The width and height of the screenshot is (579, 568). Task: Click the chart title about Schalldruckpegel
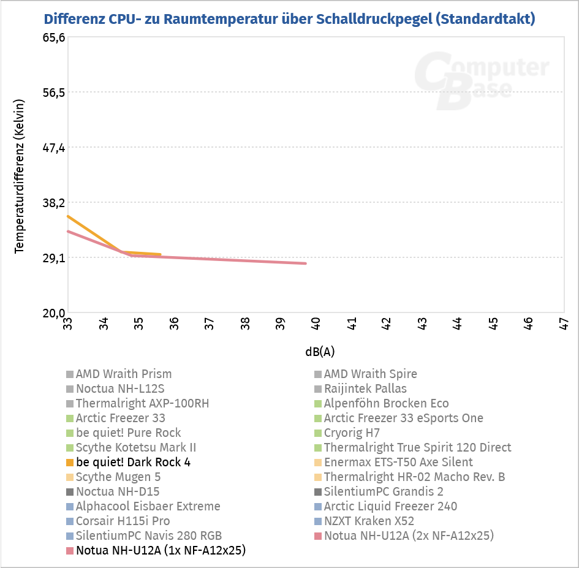tap(289, 18)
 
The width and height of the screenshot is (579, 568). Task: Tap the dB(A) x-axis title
tap(320, 352)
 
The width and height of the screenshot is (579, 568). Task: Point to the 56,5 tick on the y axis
tap(53, 93)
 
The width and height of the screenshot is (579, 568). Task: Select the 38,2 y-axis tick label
tap(53, 203)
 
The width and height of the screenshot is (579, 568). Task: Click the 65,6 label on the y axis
tap(53, 37)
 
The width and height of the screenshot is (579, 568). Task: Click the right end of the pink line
tap(306, 263)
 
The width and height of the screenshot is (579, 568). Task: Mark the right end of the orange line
tap(161, 254)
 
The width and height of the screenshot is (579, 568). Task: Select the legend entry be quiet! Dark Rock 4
tap(133, 462)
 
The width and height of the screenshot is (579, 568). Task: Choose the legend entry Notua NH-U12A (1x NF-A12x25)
tap(161, 550)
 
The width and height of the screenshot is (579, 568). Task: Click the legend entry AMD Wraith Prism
tap(123, 374)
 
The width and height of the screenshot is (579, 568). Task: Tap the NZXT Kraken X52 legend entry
tap(369, 521)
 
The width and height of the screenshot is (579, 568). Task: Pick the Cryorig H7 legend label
tap(352, 433)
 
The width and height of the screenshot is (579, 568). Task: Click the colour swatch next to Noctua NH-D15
tap(69, 491)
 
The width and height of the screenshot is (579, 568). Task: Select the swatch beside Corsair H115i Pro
tap(69, 521)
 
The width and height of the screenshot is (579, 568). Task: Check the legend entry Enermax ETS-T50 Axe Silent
tap(398, 462)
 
